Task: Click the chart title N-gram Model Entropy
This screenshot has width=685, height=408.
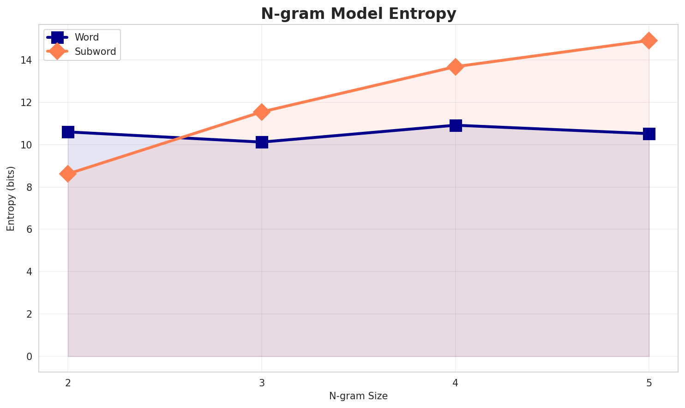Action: [358, 14]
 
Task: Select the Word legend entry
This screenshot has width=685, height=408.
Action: [87, 37]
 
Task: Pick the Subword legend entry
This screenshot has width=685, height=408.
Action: [95, 52]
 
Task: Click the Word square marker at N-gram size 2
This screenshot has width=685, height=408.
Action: [68, 132]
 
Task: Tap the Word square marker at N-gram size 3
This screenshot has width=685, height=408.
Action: [262, 142]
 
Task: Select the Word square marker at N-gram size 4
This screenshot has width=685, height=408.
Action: [456, 125]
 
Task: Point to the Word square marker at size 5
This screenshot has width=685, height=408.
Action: [649, 134]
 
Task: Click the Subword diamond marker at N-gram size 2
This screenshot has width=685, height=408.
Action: [68, 174]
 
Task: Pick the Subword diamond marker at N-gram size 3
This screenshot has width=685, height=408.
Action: [262, 112]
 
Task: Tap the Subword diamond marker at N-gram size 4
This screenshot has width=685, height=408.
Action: [456, 67]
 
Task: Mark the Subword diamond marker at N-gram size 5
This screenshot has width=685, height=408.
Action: [649, 41]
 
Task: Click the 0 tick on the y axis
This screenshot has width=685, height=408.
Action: [29, 356]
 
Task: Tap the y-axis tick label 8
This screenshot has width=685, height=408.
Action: [29, 187]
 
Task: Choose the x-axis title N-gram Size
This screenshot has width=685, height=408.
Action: [358, 396]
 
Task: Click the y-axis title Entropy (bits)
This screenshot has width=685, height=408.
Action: [11, 198]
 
